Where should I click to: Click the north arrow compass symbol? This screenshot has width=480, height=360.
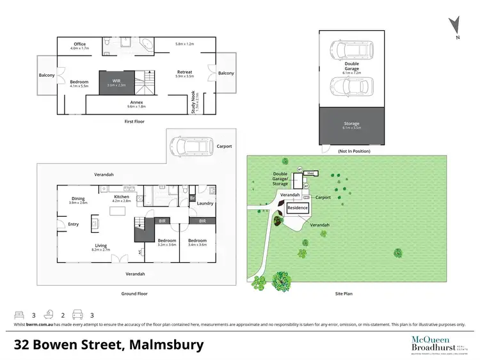456,25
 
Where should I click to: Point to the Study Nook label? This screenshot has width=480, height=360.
193,102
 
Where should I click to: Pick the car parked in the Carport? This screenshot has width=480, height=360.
188,146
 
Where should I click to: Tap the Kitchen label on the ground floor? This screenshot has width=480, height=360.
122,198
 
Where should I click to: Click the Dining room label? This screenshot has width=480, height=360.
78,200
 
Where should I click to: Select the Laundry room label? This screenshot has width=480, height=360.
205,203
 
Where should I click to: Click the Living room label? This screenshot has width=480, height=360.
101,246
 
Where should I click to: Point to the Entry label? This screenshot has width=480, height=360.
73,224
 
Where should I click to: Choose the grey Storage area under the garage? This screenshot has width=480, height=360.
351,126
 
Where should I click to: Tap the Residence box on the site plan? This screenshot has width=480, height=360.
298,208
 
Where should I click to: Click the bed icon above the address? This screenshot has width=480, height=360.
20,315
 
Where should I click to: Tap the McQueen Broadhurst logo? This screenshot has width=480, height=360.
428,343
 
